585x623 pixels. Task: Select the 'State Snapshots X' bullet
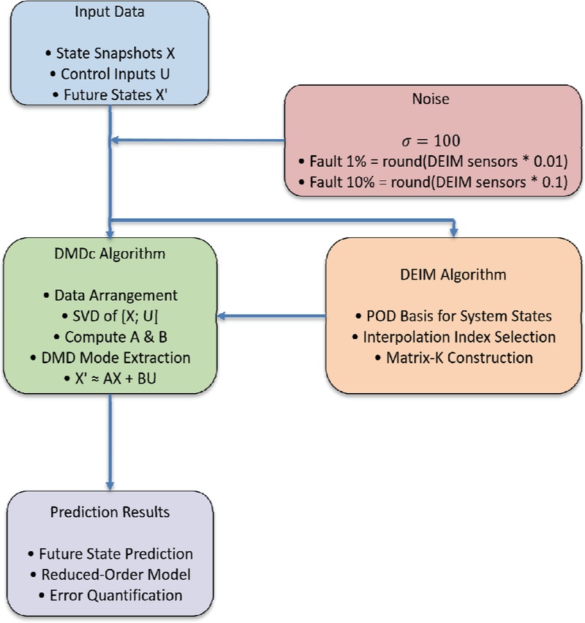click(110, 54)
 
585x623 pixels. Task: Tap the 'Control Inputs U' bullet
click(110, 73)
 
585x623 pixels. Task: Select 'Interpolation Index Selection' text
click(455, 337)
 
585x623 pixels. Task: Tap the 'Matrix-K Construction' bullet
click(455, 358)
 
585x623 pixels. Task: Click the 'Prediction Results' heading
click(110, 512)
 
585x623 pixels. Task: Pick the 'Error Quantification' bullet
click(110, 595)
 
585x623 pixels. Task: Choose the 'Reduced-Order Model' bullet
click(110, 575)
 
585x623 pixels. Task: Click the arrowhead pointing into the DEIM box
click(454, 231)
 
